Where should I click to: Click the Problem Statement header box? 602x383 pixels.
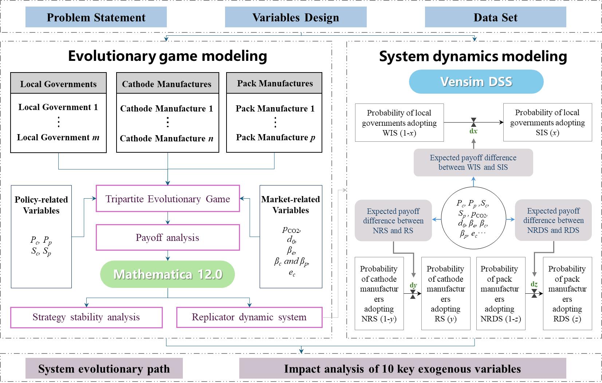96,17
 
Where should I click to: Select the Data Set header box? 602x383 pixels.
495,17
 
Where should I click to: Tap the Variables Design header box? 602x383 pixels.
295,17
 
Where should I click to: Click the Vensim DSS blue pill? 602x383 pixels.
476,82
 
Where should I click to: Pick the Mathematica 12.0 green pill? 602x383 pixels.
168,274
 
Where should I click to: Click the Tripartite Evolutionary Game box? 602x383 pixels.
168,199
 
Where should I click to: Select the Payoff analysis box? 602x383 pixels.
168,238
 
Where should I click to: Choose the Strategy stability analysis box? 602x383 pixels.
86,317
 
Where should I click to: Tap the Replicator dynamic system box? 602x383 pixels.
249,317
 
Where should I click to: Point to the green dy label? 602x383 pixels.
413,285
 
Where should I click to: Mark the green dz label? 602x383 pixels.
534,284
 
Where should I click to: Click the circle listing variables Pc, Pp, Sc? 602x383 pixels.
473,218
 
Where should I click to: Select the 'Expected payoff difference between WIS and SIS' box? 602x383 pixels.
473,163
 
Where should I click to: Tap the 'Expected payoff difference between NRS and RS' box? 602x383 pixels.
393,220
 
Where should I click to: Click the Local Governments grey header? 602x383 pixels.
58,84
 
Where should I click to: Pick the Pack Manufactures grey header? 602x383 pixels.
275,83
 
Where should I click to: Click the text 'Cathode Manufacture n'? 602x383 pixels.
166,138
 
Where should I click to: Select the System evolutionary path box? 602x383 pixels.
104,369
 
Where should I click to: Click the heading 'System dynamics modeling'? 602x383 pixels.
473,56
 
